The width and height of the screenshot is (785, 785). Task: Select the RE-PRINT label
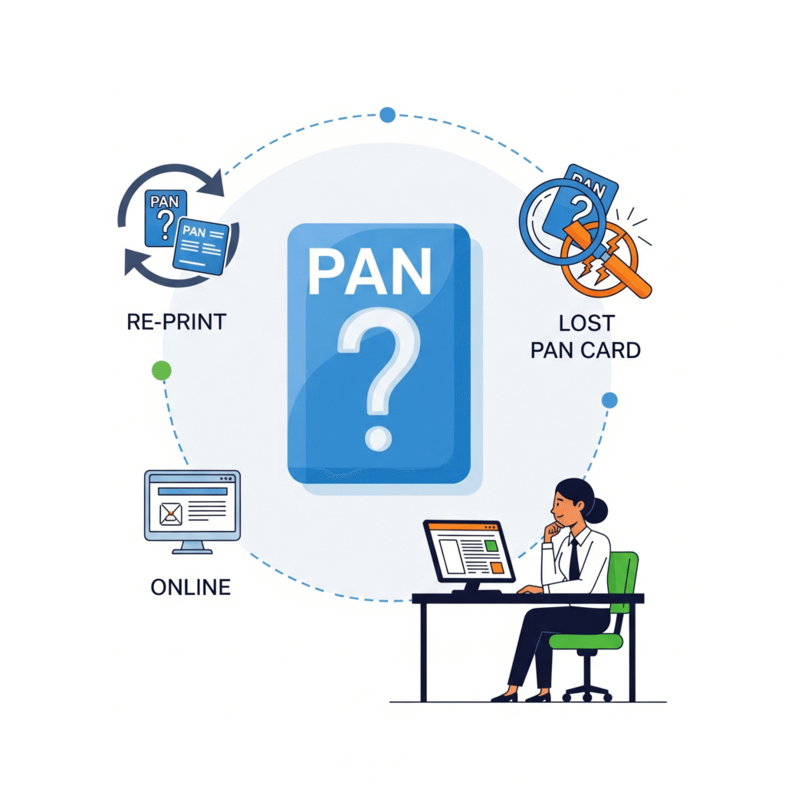(176, 321)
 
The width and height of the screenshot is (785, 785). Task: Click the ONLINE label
(191, 587)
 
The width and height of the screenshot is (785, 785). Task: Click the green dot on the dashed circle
(161, 371)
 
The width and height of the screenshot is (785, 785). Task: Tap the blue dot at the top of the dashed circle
(387, 115)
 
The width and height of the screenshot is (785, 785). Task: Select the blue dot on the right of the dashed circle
(609, 399)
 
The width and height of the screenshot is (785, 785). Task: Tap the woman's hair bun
(598, 509)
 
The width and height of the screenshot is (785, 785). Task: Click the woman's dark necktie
(574, 560)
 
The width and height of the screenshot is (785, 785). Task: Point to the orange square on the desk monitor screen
(498, 567)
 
